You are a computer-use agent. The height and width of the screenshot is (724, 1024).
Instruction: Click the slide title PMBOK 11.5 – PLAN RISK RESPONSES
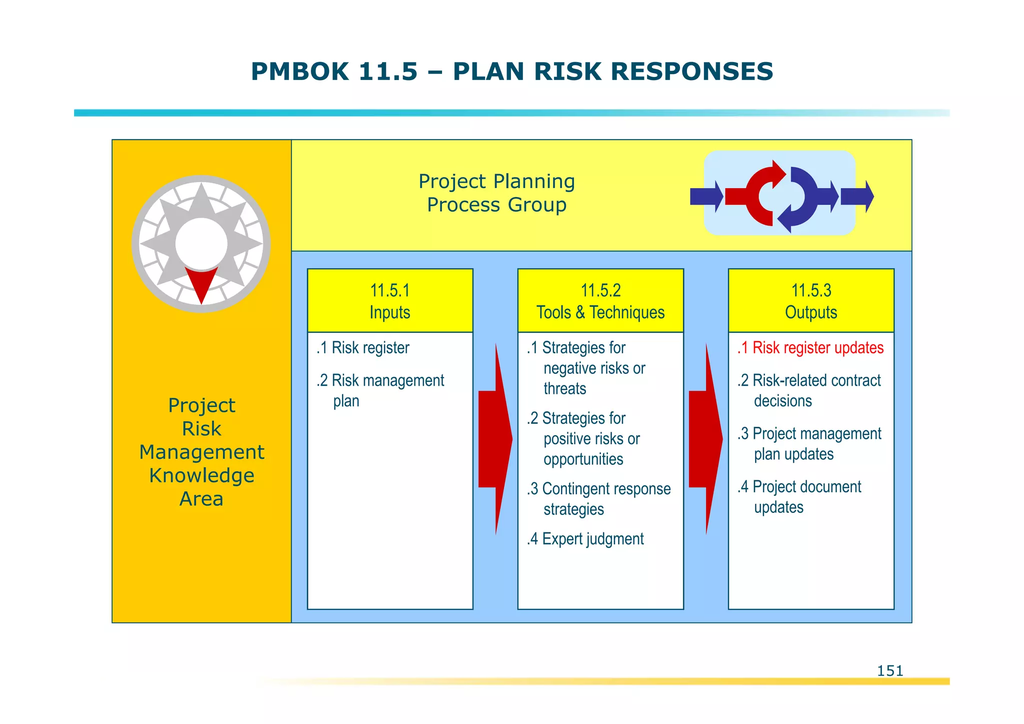(x=511, y=71)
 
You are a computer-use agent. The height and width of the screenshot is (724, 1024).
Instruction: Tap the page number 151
(x=890, y=670)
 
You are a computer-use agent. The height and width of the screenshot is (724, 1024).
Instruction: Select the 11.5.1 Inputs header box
(x=390, y=301)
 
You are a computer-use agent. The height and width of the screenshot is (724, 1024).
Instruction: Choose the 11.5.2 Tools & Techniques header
(x=600, y=301)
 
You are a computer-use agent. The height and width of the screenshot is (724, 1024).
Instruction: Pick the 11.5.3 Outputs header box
(x=811, y=301)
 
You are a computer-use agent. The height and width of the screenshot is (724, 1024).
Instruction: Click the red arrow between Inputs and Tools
(x=495, y=439)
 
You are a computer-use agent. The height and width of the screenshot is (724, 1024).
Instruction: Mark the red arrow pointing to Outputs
(x=705, y=439)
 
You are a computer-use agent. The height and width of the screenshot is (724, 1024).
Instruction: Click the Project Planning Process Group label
(x=496, y=193)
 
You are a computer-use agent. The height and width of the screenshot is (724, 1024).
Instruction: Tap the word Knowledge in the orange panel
(x=201, y=475)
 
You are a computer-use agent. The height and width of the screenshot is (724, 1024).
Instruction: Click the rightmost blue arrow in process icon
(x=856, y=197)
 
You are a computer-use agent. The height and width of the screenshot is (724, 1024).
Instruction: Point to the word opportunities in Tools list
(x=583, y=459)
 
